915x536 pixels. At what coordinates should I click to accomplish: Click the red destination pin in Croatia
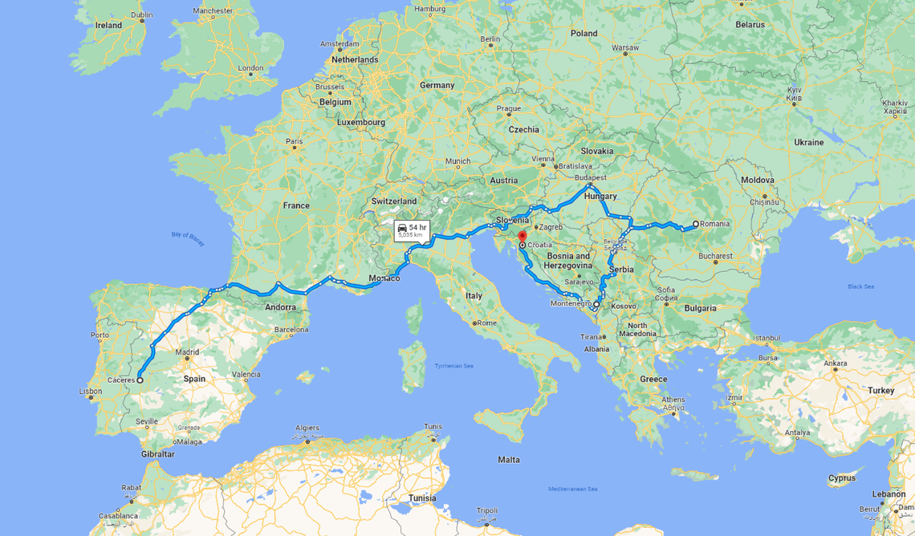[523, 238]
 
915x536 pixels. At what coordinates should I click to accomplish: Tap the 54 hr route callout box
[412, 231]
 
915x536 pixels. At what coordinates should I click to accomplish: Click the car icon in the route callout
[403, 228]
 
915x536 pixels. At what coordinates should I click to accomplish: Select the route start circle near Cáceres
[140, 380]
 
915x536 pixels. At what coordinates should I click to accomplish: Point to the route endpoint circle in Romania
[696, 225]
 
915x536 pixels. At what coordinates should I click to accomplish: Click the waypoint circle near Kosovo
[596, 305]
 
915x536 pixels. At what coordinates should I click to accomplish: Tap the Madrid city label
[186, 351]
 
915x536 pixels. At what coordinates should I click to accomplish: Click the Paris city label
[295, 141]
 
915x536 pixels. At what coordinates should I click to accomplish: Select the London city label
[250, 68]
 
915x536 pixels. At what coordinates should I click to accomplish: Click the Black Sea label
[860, 286]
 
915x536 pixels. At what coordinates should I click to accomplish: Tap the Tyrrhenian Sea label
[453, 366]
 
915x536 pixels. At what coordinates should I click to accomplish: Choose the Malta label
[508, 460]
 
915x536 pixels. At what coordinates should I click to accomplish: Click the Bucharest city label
[714, 257]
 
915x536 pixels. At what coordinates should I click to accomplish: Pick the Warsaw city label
[624, 48]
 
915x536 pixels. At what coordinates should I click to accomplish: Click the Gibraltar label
[157, 454]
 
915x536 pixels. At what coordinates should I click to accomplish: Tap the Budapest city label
[591, 177]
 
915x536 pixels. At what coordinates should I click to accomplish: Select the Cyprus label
[842, 478]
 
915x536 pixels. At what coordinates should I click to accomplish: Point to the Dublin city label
[141, 14]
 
